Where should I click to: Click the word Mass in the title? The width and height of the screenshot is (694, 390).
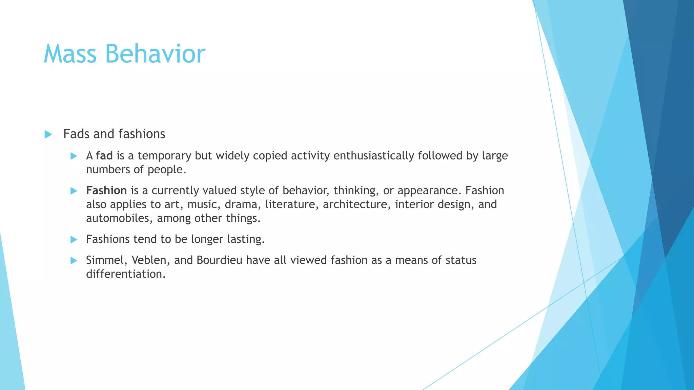(x=70, y=54)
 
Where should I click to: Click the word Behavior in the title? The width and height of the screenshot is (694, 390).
(x=155, y=54)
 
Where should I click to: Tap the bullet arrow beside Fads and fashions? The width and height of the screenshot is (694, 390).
(x=48, y=134)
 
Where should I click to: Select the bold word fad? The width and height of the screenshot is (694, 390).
(x=104, y=156)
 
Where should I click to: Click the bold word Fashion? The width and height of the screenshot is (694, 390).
(x=106, y=191)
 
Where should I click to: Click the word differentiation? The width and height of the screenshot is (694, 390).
(x=125, y=274)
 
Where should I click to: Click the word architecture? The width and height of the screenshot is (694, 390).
(x=356, y=204)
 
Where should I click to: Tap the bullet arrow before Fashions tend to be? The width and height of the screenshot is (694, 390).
(x=74, y=240)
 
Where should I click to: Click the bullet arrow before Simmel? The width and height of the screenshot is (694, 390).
(x=74, y=261)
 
